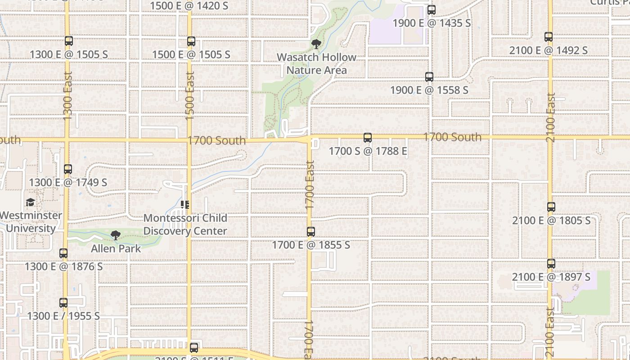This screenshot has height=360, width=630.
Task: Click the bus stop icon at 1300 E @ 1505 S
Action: pyautogui.click(x=69, y=41)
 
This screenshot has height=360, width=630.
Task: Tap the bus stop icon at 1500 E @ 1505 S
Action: pyautogui.click(x=191, y=41)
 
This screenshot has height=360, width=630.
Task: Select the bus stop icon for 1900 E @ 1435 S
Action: pyautogui.click(x=432, y=9)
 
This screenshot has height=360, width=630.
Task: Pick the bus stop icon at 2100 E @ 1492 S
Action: pyautogui.click(x=549, y=37)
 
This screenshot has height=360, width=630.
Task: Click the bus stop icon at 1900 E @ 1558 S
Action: pyautogui.click(x=429, y=77)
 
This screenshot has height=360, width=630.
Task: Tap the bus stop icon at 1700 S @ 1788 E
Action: pyautogui.click(x=368, y=138)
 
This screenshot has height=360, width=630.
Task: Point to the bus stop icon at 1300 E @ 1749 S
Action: pyautogui.click(x=68, y=169)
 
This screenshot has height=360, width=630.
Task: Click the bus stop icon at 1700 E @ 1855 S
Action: pyautogui.click(x=311, y=232)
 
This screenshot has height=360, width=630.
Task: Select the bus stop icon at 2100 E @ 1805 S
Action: pyautogui.click(x=551, y=207)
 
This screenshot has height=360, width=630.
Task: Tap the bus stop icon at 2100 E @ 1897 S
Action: pyautogui.click(x=551, y=264)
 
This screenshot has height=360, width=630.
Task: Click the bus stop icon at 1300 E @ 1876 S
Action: pyautogui.click(x=63, y=253)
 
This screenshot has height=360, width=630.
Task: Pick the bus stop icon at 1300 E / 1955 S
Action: pyautogui.click(x=63, y=303)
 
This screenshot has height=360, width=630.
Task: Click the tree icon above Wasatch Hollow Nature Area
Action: pyautogui.click(x=316, y=44)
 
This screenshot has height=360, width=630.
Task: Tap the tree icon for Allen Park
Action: pyautogui.click(x=116, y=235)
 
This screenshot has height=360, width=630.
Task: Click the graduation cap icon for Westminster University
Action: pyautogui.click(x=30, y=202)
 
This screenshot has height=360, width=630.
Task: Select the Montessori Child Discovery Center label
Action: pyautogui.click(x=185, y=224)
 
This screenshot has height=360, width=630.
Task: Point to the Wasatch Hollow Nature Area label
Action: pyautogui.click(x=316, y=63)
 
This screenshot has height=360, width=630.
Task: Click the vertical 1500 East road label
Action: pyautogui.click(x=189, y=96)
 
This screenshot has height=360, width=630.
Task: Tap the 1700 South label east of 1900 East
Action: pyautogui.click(x=452, y=137)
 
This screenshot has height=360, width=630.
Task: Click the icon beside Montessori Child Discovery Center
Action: pyautogui.click(x=185, y=205)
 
